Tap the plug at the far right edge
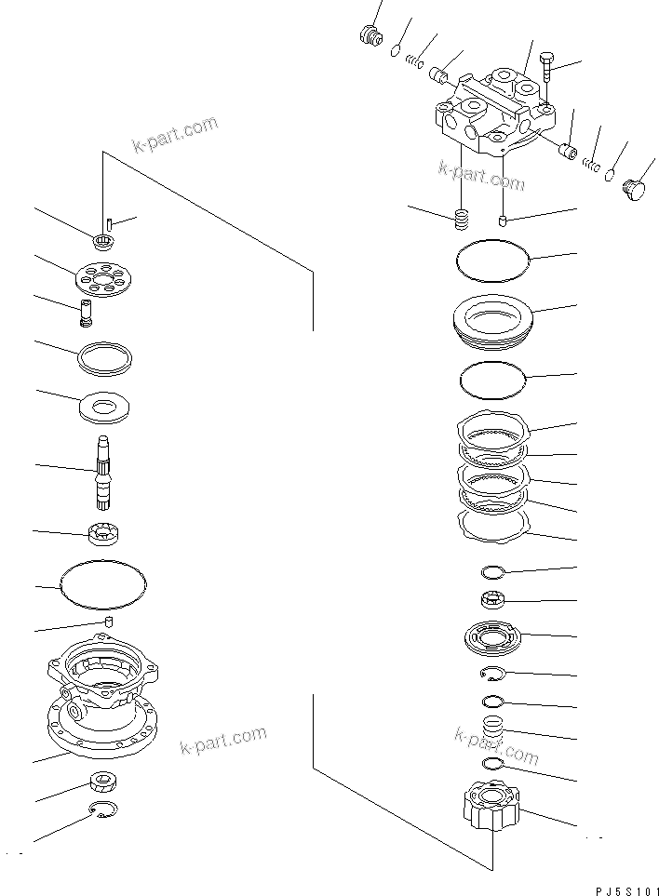[x=634, y=190]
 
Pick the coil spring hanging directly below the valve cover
[x=460, y=221]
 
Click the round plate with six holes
[x=103, y=278]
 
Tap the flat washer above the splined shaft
[x=104, y=406]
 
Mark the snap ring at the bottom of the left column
[x=104, y=811]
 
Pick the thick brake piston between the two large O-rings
[x=492, y=319]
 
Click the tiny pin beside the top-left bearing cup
[x=110, y=223]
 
